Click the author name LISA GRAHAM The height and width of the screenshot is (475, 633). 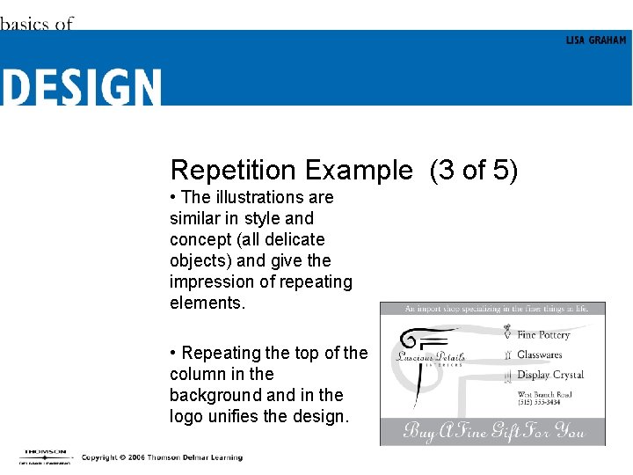point(596,40)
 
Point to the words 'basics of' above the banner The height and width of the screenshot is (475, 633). point(36,24)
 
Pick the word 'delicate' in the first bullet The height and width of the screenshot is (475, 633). point(294,239)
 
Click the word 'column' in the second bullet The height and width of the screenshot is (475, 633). point(199,374)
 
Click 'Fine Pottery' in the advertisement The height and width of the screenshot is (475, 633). point(543,335)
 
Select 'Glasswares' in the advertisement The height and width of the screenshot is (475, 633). point(539,355)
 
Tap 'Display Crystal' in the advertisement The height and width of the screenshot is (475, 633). point(550,375)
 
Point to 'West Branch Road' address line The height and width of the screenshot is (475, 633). point(545,394)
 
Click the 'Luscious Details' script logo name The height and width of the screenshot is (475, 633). point(431,357)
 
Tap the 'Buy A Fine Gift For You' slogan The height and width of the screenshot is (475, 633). point(492,431)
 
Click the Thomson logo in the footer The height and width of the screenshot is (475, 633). point(42,457)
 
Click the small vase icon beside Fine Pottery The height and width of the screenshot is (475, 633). point(507,333)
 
